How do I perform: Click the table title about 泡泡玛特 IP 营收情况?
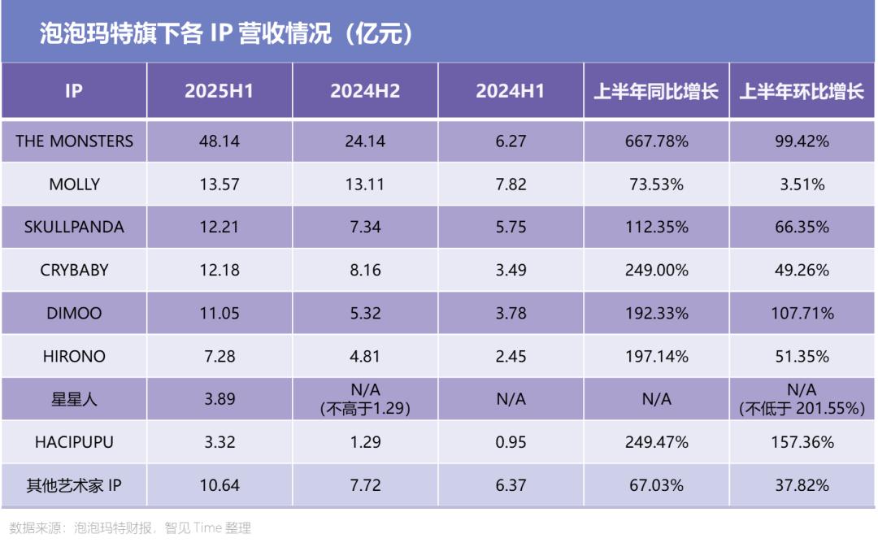coord(227,33)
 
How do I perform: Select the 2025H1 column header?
coord(219,91)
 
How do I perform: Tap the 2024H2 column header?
coord(365,91)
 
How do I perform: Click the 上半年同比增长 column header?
coord(655,91)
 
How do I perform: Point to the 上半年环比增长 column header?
coord(801,91)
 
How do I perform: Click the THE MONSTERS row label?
coord(74,141)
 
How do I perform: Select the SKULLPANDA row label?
coord(74,228)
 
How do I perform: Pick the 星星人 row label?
coord(74,399)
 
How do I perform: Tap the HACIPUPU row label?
coord(74,442)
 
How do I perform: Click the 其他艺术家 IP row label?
coord(74,486)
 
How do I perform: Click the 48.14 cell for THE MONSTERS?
coord(219,141)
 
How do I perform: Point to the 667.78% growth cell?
coord(655,141)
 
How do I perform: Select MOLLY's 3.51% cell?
coord(801,185)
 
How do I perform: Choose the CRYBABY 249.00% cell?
coord(655,270)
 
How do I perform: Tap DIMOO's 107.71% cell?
coord(801,313)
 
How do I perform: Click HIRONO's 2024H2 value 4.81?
coord(365,356)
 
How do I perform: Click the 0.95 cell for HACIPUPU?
coord(510,442)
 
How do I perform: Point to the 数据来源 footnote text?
coord(130,528)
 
